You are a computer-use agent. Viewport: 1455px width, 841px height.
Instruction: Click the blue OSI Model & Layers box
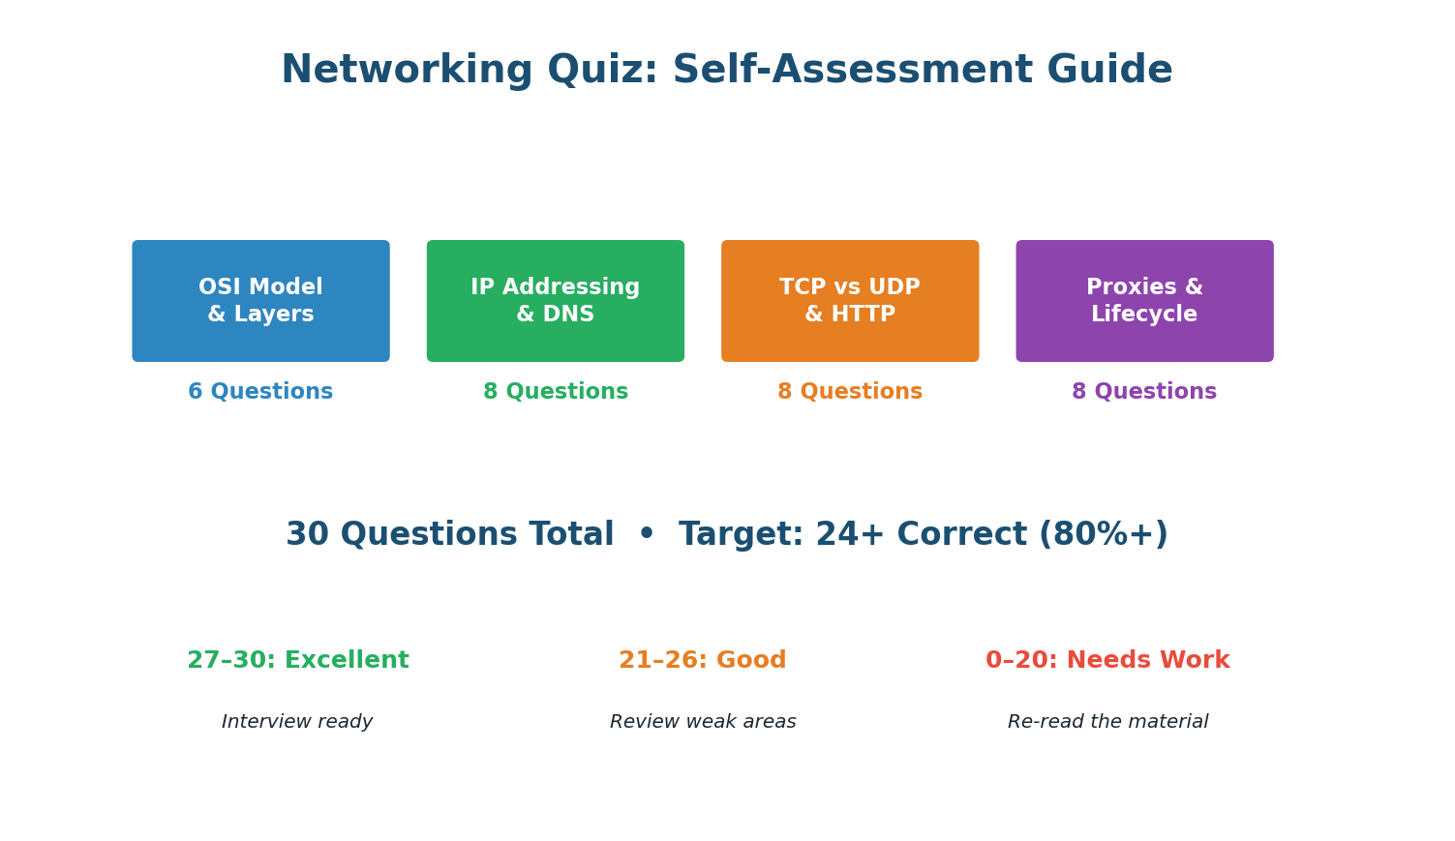tap(260, 301)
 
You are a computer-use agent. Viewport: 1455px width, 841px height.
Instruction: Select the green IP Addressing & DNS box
tap(555, 301)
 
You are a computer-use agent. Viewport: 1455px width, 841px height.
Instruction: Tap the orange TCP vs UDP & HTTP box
tap(849, 301)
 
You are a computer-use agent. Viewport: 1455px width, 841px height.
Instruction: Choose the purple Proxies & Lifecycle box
tap(1144, 301)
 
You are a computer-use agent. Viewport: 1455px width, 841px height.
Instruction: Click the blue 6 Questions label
tap(260, 392)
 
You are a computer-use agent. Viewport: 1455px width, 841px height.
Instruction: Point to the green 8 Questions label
tap(555, 392)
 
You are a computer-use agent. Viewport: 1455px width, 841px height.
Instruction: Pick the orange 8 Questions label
tap(849, 392)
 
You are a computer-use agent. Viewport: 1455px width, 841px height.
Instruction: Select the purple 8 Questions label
tap(1144, 392)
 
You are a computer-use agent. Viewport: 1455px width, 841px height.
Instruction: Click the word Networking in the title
tap(407, 71)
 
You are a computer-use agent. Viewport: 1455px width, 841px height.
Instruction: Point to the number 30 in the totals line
tap(308, 535)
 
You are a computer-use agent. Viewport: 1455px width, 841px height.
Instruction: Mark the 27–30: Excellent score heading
tap(297, 661)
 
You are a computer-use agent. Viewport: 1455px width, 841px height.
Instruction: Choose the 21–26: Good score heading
tap(702, 661)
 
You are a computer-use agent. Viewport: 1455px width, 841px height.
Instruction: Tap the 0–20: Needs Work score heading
tap(1107, 661)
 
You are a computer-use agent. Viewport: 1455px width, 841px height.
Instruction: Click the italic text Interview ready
tap(297, 722)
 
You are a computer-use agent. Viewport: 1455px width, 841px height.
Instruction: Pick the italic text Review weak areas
tap(702, 722)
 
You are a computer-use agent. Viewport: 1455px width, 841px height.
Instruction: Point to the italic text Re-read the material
tap(1107, 722)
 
